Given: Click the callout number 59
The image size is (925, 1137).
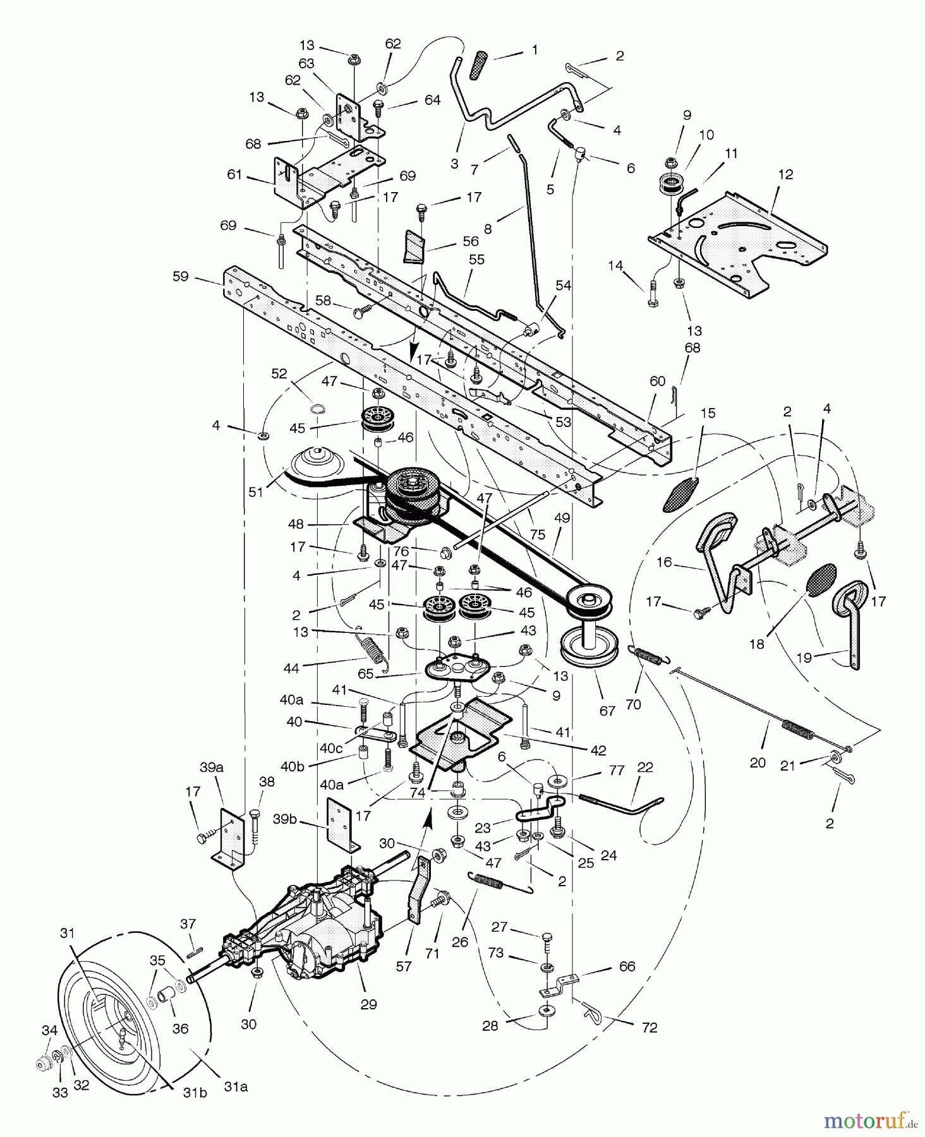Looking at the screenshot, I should (181, 277).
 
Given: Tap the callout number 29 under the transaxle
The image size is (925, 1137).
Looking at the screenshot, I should (368, 1004).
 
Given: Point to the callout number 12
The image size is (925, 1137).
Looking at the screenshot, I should (786, 174).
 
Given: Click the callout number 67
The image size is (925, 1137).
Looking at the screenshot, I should (607, 711).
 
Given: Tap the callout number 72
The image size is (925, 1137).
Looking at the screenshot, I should (649, 1028).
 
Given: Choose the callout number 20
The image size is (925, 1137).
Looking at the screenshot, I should (758, 762).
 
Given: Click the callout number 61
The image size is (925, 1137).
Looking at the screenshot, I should (234, 174).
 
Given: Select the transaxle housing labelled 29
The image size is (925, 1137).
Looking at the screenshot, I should (322, 929).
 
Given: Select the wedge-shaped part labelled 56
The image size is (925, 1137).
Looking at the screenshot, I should (413, 246).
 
